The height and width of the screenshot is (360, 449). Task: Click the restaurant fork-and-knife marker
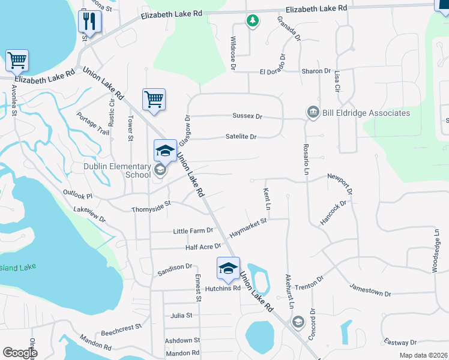pyautogui.click(x=89, y=22)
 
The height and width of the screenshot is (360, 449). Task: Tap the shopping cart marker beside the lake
pyautogui.click(x=17, y=60)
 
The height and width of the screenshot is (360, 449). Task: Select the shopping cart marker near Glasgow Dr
pyautogui.click(x=154, y=99)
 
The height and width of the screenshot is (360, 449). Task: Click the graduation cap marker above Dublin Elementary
pyautogui.click(x=165, y=150)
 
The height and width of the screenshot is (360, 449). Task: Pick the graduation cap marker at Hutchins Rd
pyautogui.click(x=228, y=268)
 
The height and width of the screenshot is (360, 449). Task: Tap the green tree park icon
pyautogui.click(x=253, y=21)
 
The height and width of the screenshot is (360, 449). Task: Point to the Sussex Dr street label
pyautogui.click(x=247, y=116)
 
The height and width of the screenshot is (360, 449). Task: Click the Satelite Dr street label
pyautogui.click(x=241, y=137)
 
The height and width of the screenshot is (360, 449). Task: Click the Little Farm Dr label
pyautogui.click(x=193, y=230)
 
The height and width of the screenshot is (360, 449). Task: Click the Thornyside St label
pyautogui.click(x=151, y=209)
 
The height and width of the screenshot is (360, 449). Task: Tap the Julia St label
pyautogui.click(x=181, y=315)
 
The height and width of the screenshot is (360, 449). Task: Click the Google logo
pyautogui.click(x=19, y=353)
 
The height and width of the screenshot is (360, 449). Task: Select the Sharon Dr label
pyautogui.click(x=316, y=71)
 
